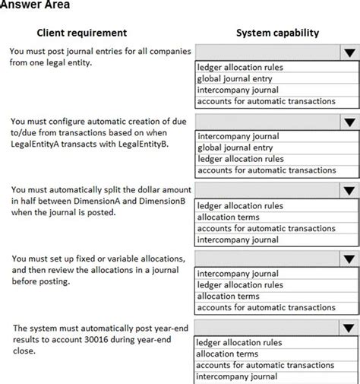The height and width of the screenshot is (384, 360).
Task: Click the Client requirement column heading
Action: [81, 33]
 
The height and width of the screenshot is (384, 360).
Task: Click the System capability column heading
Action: [277, 33]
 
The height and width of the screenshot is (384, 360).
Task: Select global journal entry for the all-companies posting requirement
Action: [235, 78]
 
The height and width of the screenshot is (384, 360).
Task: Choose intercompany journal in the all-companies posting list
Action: [238, 90]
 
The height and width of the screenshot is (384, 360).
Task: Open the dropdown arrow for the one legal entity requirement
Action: [349, 52]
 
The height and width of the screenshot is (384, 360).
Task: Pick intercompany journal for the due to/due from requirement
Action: [238, 137]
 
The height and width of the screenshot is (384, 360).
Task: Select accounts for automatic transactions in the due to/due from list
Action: [266, 170]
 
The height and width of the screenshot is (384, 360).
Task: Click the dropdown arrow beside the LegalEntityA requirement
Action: [349, 122]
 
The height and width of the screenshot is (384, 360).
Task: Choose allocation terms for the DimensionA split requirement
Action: [228, 217]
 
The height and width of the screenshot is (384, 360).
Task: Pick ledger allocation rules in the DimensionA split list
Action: [240, 205]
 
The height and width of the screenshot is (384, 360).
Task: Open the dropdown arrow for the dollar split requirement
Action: [349, 191]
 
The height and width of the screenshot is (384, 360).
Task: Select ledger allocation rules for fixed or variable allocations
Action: [240, 284]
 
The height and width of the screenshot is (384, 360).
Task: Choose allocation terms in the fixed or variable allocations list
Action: [228, 296]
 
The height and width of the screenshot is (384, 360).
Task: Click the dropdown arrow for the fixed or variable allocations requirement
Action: [349, 259]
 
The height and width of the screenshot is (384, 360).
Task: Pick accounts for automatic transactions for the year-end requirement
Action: [266, 365]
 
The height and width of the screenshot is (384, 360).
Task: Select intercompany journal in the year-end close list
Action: [238, 376]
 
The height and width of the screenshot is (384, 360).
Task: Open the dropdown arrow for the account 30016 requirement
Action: [349, 328]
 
